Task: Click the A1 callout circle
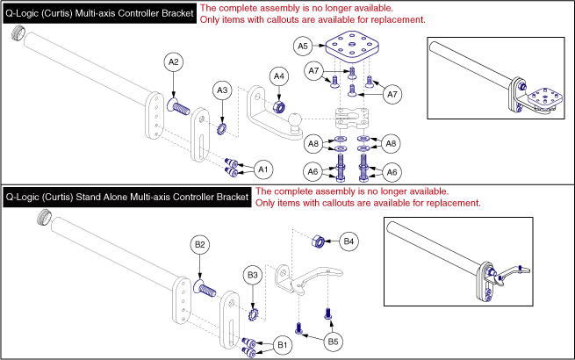[262, 168]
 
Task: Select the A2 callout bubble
[174, 61]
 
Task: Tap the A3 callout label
[223, 90]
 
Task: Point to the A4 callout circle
[278, 77]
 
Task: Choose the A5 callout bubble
[302, 44]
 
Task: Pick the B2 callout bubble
[200, 243]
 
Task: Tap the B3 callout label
[253, 276]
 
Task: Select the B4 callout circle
[349, 240]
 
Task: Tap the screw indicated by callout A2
[181, 109]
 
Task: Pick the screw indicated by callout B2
[208, 287]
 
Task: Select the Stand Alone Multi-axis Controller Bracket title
[127, 198]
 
